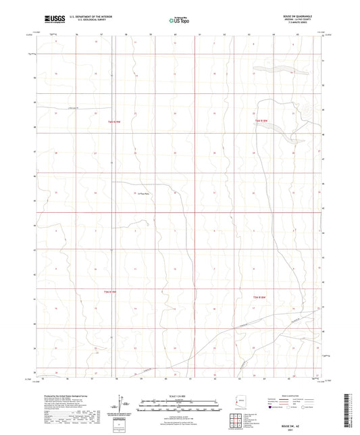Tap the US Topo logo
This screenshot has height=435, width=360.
tap(178, 21)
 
